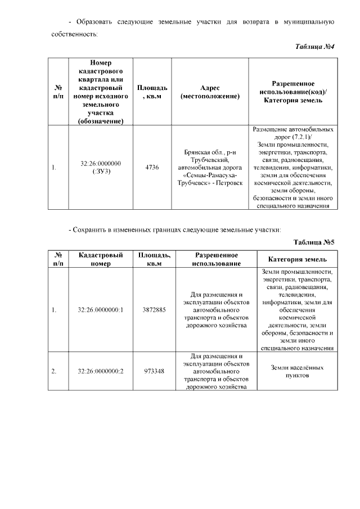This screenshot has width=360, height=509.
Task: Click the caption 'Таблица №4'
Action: coord(315,46)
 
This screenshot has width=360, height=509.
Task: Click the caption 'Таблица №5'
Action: coord(314,242)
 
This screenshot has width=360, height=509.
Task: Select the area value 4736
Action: coord(152,167)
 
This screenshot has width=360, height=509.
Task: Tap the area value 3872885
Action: coord(154,310)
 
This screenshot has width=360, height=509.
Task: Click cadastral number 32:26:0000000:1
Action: coord(101,310)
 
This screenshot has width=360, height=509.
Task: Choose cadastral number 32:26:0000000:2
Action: coord(101,371)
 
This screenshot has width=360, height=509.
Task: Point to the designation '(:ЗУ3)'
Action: coord(101,171)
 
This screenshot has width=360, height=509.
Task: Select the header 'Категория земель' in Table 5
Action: coord(296,259)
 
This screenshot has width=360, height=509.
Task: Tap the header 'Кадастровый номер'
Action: coord(101,259)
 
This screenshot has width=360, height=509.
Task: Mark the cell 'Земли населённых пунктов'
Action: coord(296,371)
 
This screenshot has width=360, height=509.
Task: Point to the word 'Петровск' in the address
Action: coord(229,183)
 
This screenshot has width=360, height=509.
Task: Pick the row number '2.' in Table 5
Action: coord(54,371)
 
